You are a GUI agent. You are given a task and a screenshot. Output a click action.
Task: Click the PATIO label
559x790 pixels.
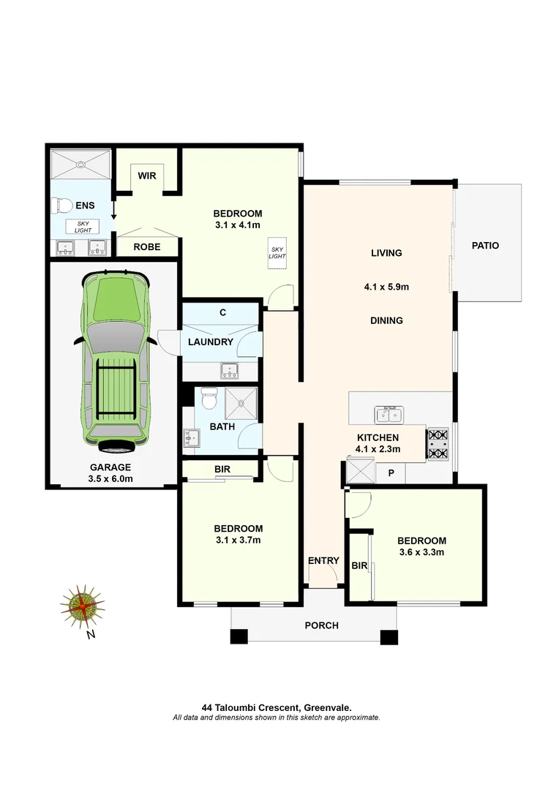[485, 246]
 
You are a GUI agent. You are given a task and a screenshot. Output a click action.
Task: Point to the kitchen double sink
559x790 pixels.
[388, 415]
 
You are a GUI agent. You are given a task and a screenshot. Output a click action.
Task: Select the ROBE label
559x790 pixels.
[147, 247]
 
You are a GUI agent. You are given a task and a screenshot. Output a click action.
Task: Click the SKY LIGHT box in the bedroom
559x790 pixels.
[277, 252]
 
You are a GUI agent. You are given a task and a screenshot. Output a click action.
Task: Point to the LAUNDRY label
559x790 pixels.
[211, 342]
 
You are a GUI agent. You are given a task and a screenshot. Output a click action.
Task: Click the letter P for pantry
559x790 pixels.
[391, 473]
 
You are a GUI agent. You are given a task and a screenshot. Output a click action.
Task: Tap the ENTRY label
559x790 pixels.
[323, 561]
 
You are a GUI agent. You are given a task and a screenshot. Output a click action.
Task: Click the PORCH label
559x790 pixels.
[321, 625]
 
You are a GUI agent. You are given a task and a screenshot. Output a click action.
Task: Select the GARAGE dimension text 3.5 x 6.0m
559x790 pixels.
[111, 480]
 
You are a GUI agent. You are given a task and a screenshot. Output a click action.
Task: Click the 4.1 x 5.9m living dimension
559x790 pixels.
[386, 287]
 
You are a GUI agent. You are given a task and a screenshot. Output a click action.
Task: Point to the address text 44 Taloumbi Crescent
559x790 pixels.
[277, 707]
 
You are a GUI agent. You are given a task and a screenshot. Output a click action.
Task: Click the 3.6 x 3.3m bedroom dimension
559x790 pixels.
[421, 552]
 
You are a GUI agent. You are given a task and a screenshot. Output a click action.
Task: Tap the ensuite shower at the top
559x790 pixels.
[80, 164]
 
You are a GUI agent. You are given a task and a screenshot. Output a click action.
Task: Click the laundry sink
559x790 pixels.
[230, 370]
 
